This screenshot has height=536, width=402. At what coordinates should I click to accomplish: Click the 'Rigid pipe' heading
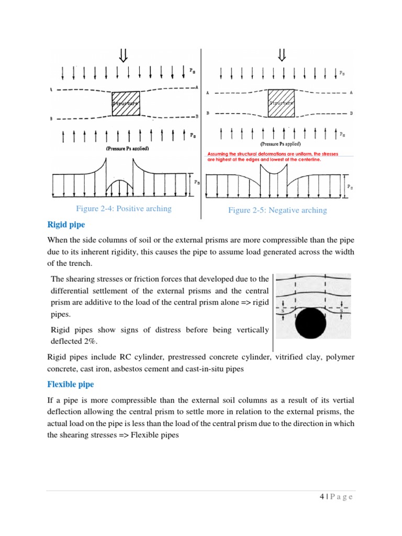[x=66, y=225]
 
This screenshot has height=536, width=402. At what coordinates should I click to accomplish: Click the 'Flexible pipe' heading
[x=71, y=384]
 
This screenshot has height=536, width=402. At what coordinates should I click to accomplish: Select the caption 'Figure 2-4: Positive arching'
[x=124, y=209]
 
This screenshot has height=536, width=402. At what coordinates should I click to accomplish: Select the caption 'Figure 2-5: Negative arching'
[x=277, y=210]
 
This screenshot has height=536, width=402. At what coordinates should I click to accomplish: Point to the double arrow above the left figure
[x=125, y=54]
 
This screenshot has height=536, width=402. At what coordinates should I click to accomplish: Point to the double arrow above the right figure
[x=282, y=54]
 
